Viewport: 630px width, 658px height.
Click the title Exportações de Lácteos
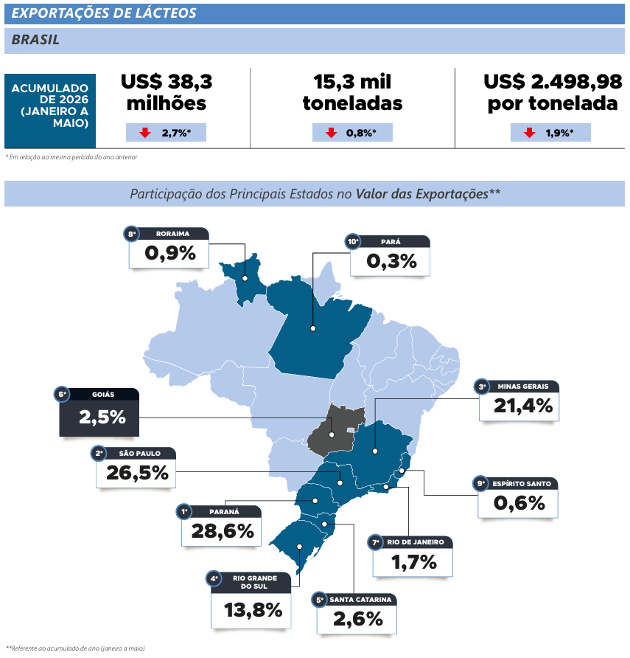[104, 13]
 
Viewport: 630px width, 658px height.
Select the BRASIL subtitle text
[35, 39]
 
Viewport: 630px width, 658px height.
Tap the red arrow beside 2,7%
[145, 133]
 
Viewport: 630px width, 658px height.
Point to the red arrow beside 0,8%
[331, 133]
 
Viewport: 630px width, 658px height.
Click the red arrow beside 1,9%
[529, 133]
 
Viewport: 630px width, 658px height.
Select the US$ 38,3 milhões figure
[167, 92]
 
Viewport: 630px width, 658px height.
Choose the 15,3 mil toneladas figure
[352, 92]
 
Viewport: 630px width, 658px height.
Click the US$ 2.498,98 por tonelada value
[553, 92]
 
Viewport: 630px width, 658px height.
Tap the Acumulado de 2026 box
[50, 111]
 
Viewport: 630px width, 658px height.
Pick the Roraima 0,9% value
[170, 253]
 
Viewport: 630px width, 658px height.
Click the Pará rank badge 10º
[352, 241]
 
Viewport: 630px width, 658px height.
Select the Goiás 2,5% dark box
[99, 412]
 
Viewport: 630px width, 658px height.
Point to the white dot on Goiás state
[332, 434]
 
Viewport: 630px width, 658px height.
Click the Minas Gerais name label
[522, 386]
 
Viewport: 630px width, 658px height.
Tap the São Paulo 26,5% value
[137, 473]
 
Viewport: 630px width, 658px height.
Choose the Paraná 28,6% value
[223, 531]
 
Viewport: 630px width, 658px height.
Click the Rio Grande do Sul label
[254, 582]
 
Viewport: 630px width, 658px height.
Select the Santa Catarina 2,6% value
[358, 619]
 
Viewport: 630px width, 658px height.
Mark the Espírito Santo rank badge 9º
[480, 483]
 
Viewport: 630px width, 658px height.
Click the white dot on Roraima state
[245, 278]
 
